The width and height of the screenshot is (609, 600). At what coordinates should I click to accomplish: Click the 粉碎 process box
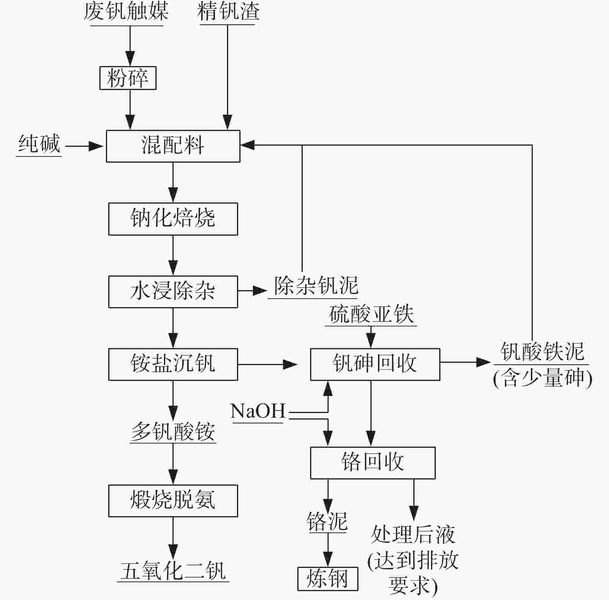[128, 78]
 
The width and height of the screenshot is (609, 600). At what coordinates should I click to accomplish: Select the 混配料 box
[173, 146]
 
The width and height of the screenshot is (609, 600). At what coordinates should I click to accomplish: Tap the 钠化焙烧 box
[173, 219]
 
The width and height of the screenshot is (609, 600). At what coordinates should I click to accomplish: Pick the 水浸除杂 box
[173, 291]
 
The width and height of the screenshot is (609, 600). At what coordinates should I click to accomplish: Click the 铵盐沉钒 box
[173, 364]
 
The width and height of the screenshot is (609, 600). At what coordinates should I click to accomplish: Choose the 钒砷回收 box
[375, 364]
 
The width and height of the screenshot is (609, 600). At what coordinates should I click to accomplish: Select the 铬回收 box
[372, 462]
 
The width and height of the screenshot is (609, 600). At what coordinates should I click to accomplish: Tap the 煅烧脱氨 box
[173, 501]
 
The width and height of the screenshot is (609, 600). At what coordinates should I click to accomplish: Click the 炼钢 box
[328, 579]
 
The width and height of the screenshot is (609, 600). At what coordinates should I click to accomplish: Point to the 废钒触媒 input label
[126, 12]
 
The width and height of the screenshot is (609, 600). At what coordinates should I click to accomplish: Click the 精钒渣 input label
[228, 12]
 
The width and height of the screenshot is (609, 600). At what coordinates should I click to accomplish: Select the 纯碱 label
[39, 144]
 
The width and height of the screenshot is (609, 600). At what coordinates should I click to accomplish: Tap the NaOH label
[258, 411]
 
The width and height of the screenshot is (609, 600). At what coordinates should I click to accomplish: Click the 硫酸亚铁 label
[371, 314]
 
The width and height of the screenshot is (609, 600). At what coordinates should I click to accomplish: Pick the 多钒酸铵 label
[173, 432]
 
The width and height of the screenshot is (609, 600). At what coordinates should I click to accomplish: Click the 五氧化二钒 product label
[173, 571]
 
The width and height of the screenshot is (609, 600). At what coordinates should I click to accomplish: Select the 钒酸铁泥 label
[542, 352]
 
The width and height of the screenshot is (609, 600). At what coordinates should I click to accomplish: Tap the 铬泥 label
[327, 522]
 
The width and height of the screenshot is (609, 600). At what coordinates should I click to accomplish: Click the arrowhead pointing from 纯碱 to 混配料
[97, 146]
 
